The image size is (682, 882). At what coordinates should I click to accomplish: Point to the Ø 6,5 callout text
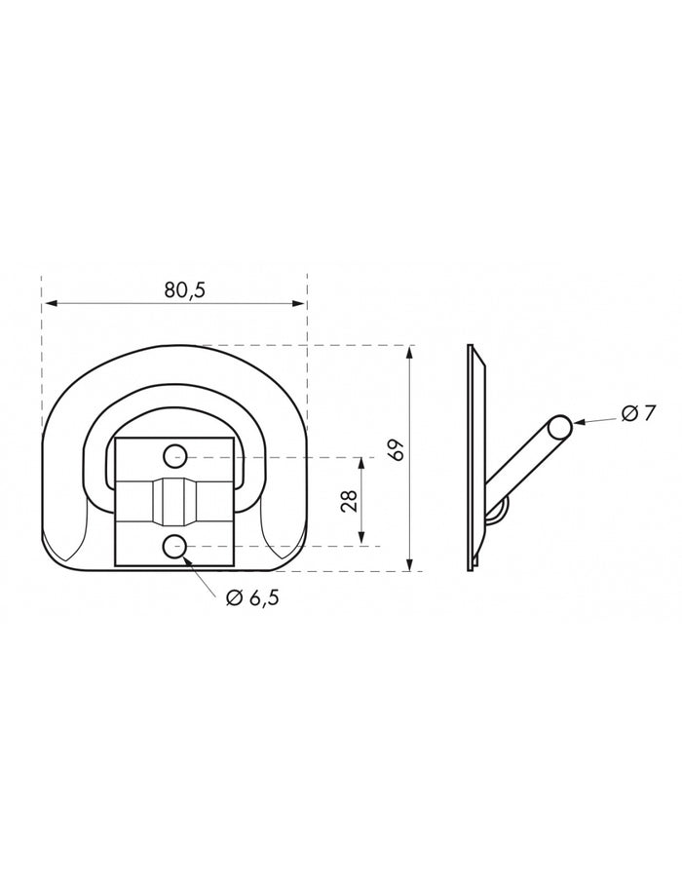(x=252, y=598)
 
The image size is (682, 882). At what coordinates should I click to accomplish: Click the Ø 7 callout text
(x=639, y=413)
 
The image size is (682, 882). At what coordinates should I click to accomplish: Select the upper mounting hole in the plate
(x=175, y=456)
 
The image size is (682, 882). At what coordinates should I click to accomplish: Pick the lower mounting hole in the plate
(x=175, y=546)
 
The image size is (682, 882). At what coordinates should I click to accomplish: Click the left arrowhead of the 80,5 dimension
(x=52, y=304)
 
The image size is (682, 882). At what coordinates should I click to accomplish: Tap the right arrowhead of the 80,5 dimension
(x=297, y=304)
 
